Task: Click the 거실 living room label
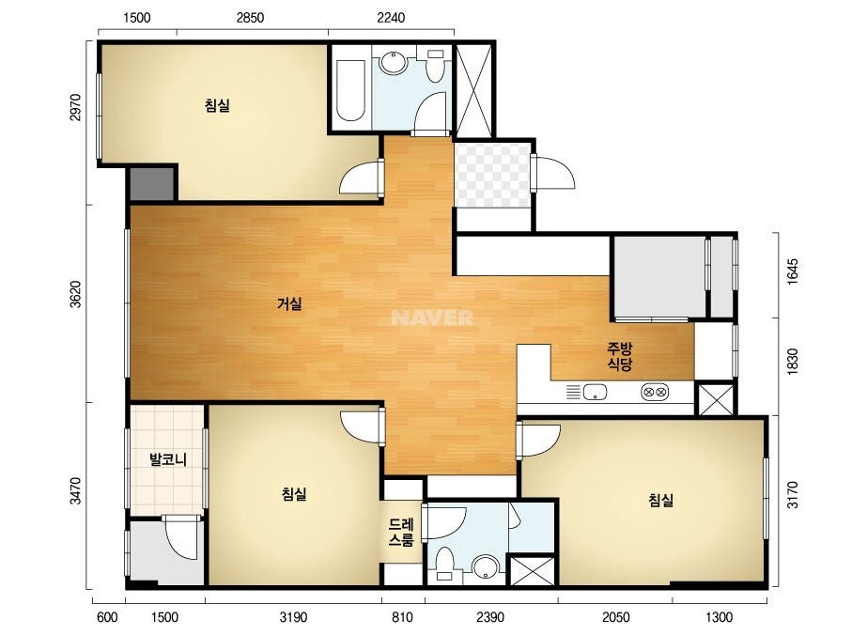[289, 303]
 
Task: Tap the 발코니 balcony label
[168, 459]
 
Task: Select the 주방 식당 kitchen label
[619, 356]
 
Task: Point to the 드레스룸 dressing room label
[401, 532]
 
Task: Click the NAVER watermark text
[432, 317]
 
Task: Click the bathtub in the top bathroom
[350, 90]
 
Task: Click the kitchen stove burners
[655, 392]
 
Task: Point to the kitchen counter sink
[595, 392]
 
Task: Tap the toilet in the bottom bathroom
[444, 564]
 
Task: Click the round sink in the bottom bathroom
[487, 565]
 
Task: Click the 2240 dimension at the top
[391, 18]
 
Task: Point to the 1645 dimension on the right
[793, 271]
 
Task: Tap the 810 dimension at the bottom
[403, 617]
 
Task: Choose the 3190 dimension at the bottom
[293, 617]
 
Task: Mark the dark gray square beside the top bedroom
[151, 183]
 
